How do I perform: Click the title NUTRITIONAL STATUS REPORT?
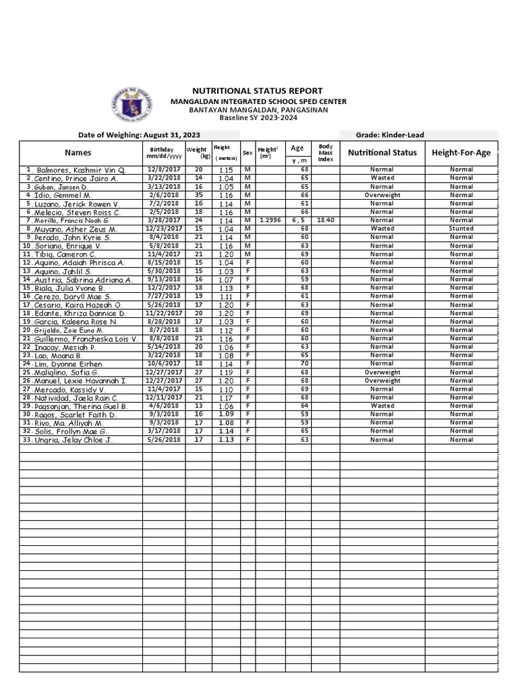258,90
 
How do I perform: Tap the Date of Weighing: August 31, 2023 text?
139,135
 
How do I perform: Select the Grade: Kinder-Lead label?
390,135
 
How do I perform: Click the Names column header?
78,153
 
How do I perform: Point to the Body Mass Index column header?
325,153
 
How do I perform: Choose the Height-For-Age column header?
461,153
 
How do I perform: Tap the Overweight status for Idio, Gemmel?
382,195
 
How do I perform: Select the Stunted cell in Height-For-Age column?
461,229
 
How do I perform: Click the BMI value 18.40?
325,220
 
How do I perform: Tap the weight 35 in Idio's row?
198,195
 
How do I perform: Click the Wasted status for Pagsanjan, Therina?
382,406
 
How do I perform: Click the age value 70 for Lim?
305,364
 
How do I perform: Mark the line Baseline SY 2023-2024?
258,118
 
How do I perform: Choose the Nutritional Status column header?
382,153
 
